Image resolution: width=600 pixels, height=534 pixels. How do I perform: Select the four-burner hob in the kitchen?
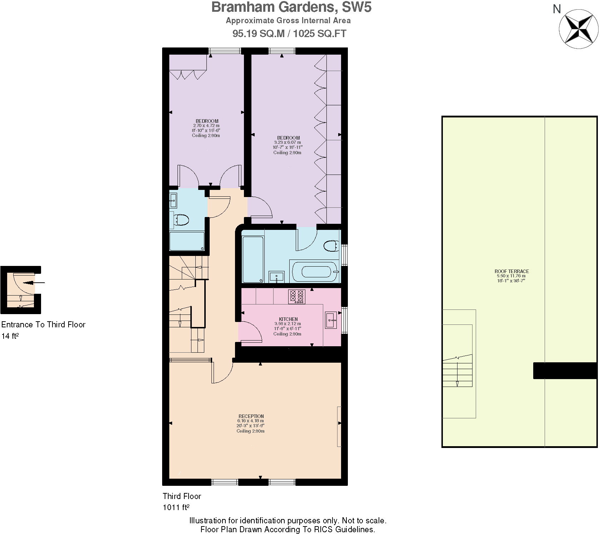(297, 296)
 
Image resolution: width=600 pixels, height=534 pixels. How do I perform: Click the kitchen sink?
(331, 320)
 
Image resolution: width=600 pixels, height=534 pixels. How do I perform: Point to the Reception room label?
(251, 416)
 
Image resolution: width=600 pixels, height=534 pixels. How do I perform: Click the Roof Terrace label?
(511, 271)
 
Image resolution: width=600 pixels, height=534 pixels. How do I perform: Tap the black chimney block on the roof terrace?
(565, 371)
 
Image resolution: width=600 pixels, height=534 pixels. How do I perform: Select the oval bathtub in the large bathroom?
(315, 272)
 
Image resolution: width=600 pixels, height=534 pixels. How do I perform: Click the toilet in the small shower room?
(181, 220)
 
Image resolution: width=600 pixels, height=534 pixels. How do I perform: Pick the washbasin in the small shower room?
(173, 201)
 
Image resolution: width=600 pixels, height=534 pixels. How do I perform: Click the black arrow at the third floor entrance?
(34, 283)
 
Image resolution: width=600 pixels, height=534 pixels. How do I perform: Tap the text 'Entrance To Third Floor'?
(43, 324)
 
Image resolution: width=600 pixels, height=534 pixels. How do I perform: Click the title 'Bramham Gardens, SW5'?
(291, 7)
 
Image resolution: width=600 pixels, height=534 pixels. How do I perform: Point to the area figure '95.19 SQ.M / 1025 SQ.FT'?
(289, 34)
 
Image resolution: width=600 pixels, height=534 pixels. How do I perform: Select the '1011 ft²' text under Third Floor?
(176, 507)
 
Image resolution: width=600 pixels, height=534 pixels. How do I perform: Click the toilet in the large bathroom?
(331, 246)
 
